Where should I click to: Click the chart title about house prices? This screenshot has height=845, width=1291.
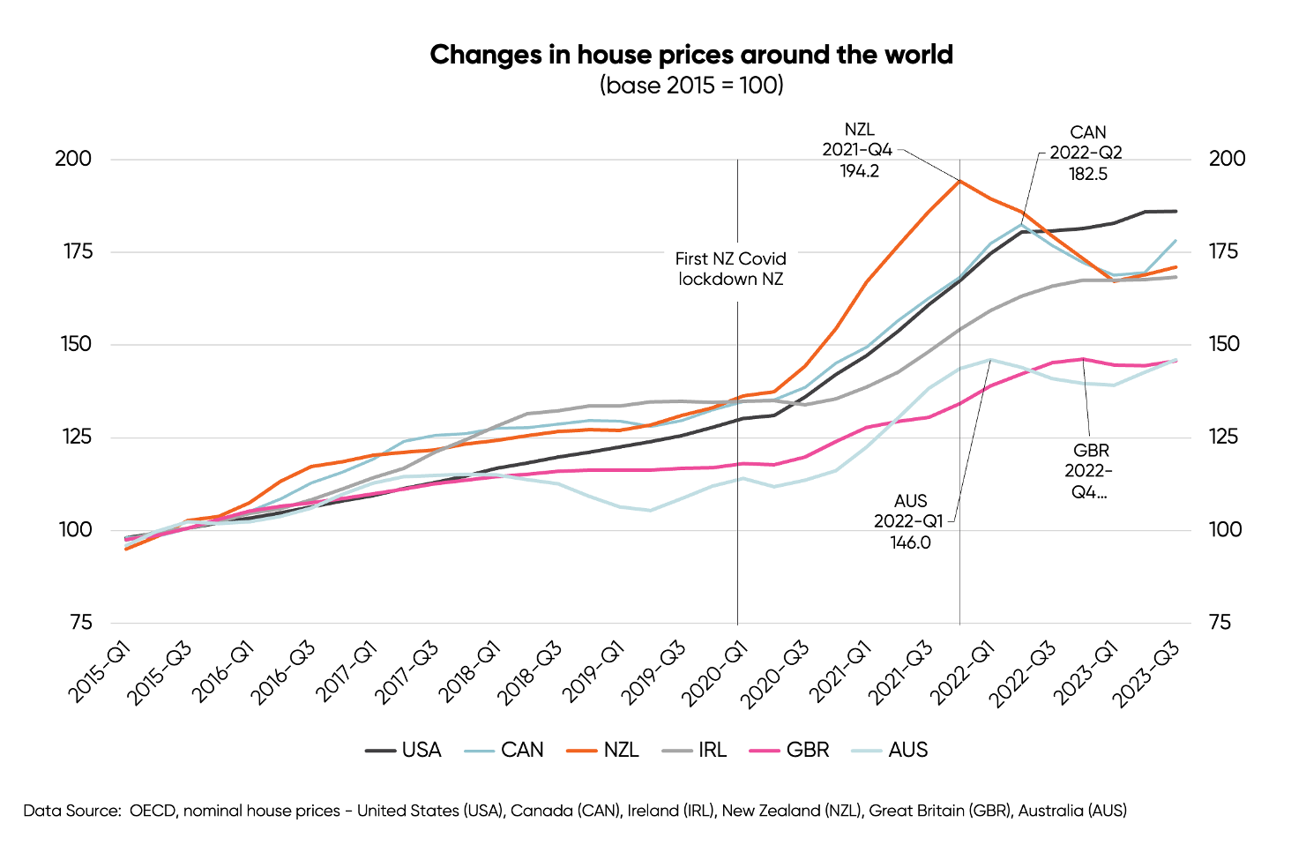click(x=691, y=55)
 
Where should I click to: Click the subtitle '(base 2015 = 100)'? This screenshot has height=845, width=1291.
click(x=691, y=85)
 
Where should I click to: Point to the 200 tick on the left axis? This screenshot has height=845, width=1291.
click(x=73, y=159)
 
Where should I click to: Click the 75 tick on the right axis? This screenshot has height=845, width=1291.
click(x=1220, y=623)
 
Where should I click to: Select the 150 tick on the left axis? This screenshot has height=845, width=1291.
click(x=76, y=344)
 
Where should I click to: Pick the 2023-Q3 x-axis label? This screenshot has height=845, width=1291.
click(x=1145, y=673)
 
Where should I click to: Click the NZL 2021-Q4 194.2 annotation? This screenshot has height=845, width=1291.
click(x=858, y=150)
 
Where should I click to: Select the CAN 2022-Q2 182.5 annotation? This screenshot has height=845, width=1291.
click(x=1086, y=153)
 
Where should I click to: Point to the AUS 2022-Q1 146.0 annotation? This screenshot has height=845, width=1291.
click(x=909, y=521)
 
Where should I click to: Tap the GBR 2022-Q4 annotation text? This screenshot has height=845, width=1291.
click(x=1090, y=471)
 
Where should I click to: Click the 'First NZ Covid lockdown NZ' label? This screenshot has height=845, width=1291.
click(x=730, y=269)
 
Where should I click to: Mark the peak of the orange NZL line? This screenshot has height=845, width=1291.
click(x=959, y=181)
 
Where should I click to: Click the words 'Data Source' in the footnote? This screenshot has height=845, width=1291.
click(x=71, y=811)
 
